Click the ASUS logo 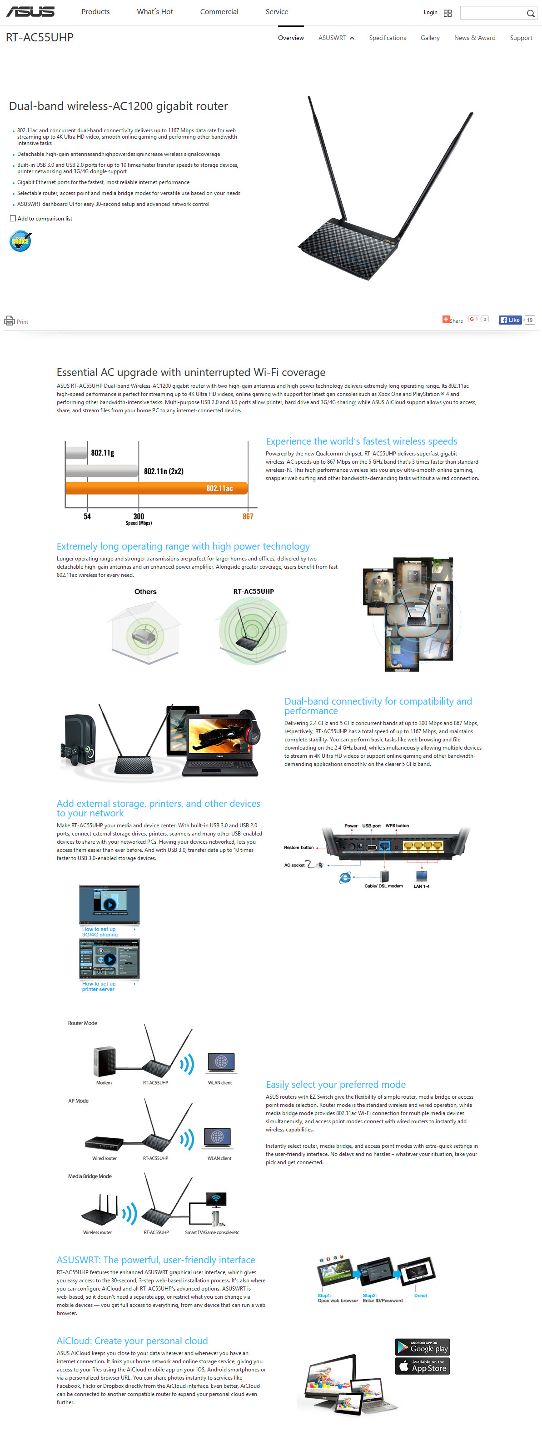30,12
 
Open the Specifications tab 387,38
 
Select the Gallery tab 430,38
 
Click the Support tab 520,38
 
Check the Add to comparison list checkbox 13,219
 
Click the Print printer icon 10,320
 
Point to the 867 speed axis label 248,516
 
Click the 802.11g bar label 102,453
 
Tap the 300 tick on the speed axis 139,516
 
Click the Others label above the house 145,591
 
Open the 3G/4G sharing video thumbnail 109,904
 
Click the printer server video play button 109,959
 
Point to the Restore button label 298,847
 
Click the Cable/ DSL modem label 383,886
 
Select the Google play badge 423,1346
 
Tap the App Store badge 423,1366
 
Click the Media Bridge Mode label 90,1176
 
